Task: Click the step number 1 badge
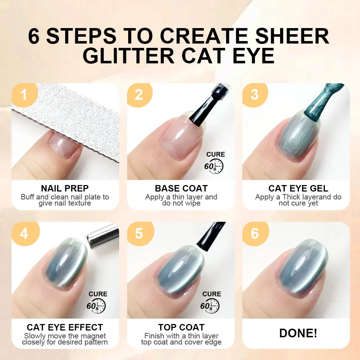tap(24, 95)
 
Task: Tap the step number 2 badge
tap(139, 95)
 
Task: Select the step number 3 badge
tap(255, 95)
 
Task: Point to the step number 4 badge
tap(24, 234)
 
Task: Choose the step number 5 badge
tap(139, 234)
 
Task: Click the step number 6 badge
tap(255, 234)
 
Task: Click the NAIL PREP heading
tap(65, 188)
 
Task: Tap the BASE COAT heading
tap(181, 188)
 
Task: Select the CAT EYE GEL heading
tap(298, 188)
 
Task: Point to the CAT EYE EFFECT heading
tap(65, 327)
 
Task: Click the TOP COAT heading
tap(181, 327)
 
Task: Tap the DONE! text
tap(298, 333)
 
